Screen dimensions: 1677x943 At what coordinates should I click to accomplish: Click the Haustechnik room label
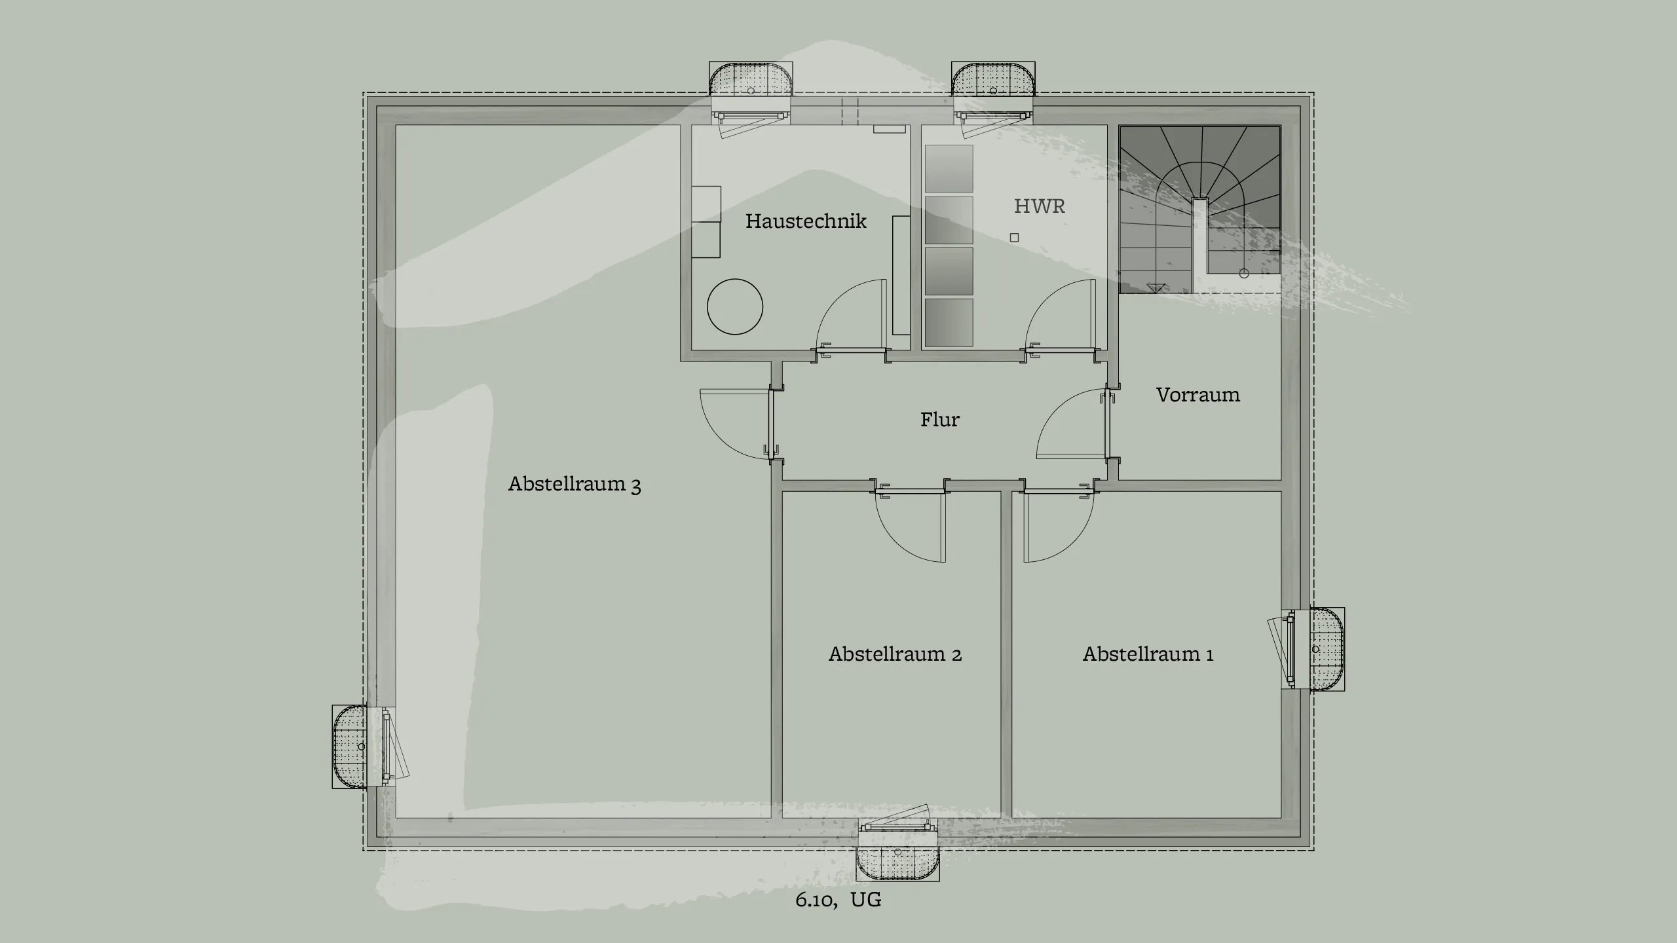(806, 221)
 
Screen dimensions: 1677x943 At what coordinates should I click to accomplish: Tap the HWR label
(1039, 206)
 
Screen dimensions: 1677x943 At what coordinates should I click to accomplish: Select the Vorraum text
(1197, 395)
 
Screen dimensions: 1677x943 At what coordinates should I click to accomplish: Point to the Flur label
(939, 420)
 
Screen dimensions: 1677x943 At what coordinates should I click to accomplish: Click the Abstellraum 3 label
(574, 485)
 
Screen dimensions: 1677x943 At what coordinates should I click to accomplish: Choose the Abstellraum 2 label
(895, 654)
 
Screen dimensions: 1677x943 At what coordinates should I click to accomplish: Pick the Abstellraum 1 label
(1148, 654)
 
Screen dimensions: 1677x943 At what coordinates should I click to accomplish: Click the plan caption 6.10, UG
(838, 900)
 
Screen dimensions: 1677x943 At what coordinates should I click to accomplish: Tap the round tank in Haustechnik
(734, 306)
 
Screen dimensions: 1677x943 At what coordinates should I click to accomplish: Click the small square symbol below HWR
(1014, 238)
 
